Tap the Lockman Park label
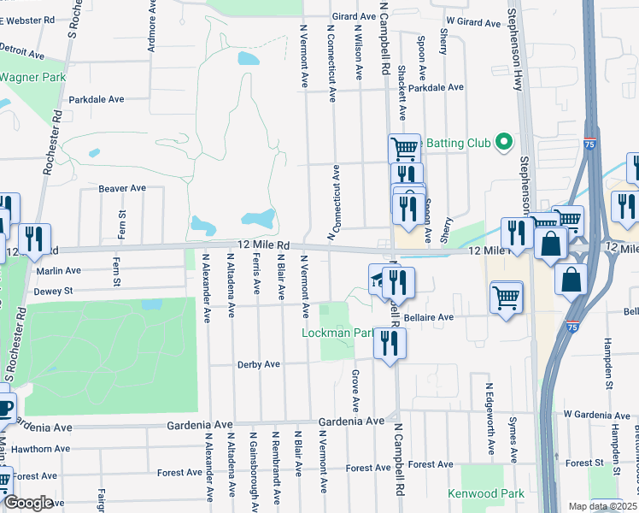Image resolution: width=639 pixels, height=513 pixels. coord(338,333)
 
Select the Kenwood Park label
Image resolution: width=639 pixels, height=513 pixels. coord(487,493)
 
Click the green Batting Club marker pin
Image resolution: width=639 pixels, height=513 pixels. coord(504,142)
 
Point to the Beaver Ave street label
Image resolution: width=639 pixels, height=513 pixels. coord(122,188)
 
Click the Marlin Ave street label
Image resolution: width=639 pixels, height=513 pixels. coord(58,271)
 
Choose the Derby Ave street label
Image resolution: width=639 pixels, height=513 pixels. coord(258,364)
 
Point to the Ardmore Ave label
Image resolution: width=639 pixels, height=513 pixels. coord(151,32)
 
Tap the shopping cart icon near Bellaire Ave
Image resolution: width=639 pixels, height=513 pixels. coord(507,298)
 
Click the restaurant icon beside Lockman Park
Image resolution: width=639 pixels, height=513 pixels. coord(390,343)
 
